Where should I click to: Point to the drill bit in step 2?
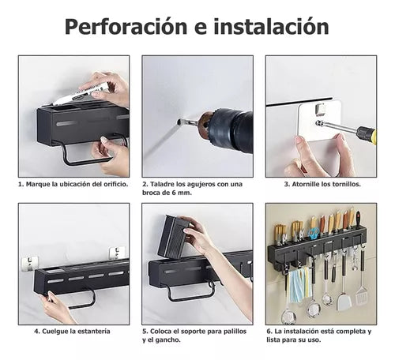tap(187, 122)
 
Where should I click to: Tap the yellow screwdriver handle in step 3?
tap(366, 133)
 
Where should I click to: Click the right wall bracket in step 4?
tap(118, 253)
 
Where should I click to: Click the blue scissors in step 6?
tap(314, 234)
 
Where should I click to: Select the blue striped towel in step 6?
tap(296, 285)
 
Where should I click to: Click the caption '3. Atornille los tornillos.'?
tap(322, 183)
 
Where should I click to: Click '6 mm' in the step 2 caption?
tap(182, 192)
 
